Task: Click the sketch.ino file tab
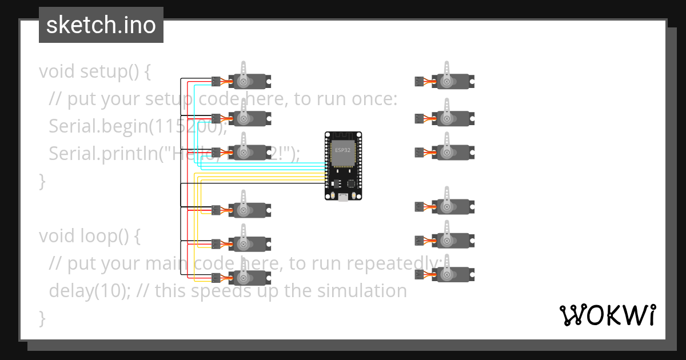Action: click(101, 25)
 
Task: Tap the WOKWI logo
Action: click(607, 315)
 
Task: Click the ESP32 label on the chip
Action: click(343, 150)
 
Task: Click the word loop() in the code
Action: click(109, 236)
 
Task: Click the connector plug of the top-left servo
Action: click(216, 81)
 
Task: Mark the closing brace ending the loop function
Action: click(42, 318)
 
